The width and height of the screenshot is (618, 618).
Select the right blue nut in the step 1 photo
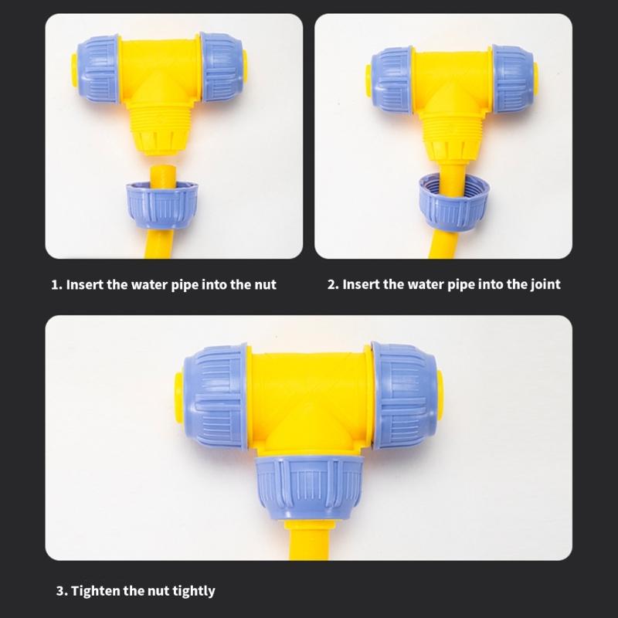pyautogui.click(x=227, y=63)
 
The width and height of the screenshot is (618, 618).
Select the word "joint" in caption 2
pyautogui.click(x=542, y=284)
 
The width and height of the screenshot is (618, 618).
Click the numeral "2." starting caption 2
pyautogui.click(x=333, y=284)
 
